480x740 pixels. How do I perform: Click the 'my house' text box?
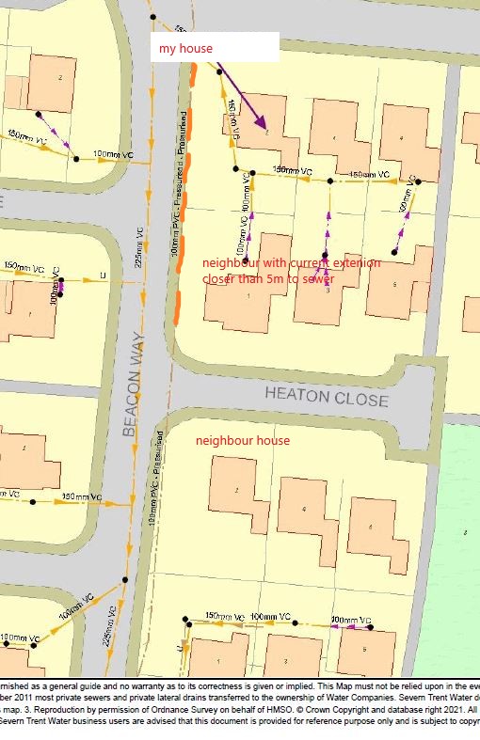tap(215, 47)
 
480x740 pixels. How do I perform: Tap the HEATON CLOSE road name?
tap(326, 397)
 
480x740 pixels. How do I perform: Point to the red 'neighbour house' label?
tap(243, 441)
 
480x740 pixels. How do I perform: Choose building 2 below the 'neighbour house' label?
tap(238, 490)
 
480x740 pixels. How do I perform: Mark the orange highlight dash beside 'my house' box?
tap(193, 74)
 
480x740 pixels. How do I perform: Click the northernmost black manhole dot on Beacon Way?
tap(152, 17)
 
